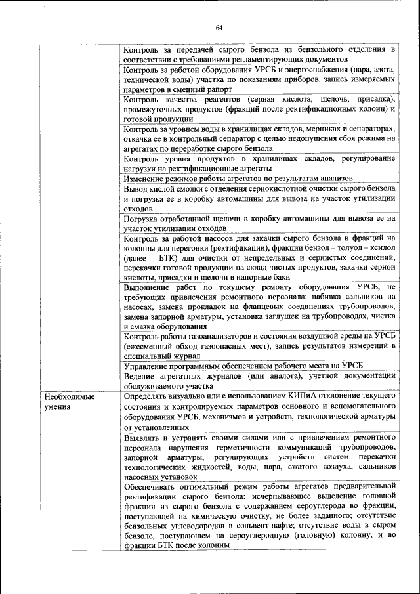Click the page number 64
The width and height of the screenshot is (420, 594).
point(218,26)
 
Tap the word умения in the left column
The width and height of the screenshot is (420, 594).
point(57,408)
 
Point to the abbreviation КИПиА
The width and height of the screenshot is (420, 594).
point(306,398)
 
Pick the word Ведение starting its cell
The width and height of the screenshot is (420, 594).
point(140,375)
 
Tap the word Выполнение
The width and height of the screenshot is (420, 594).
point(148,287)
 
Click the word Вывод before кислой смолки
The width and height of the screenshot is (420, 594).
point(135,188)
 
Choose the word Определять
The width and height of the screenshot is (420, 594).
point(148,398)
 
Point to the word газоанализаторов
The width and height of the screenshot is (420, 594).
point(224,336)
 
